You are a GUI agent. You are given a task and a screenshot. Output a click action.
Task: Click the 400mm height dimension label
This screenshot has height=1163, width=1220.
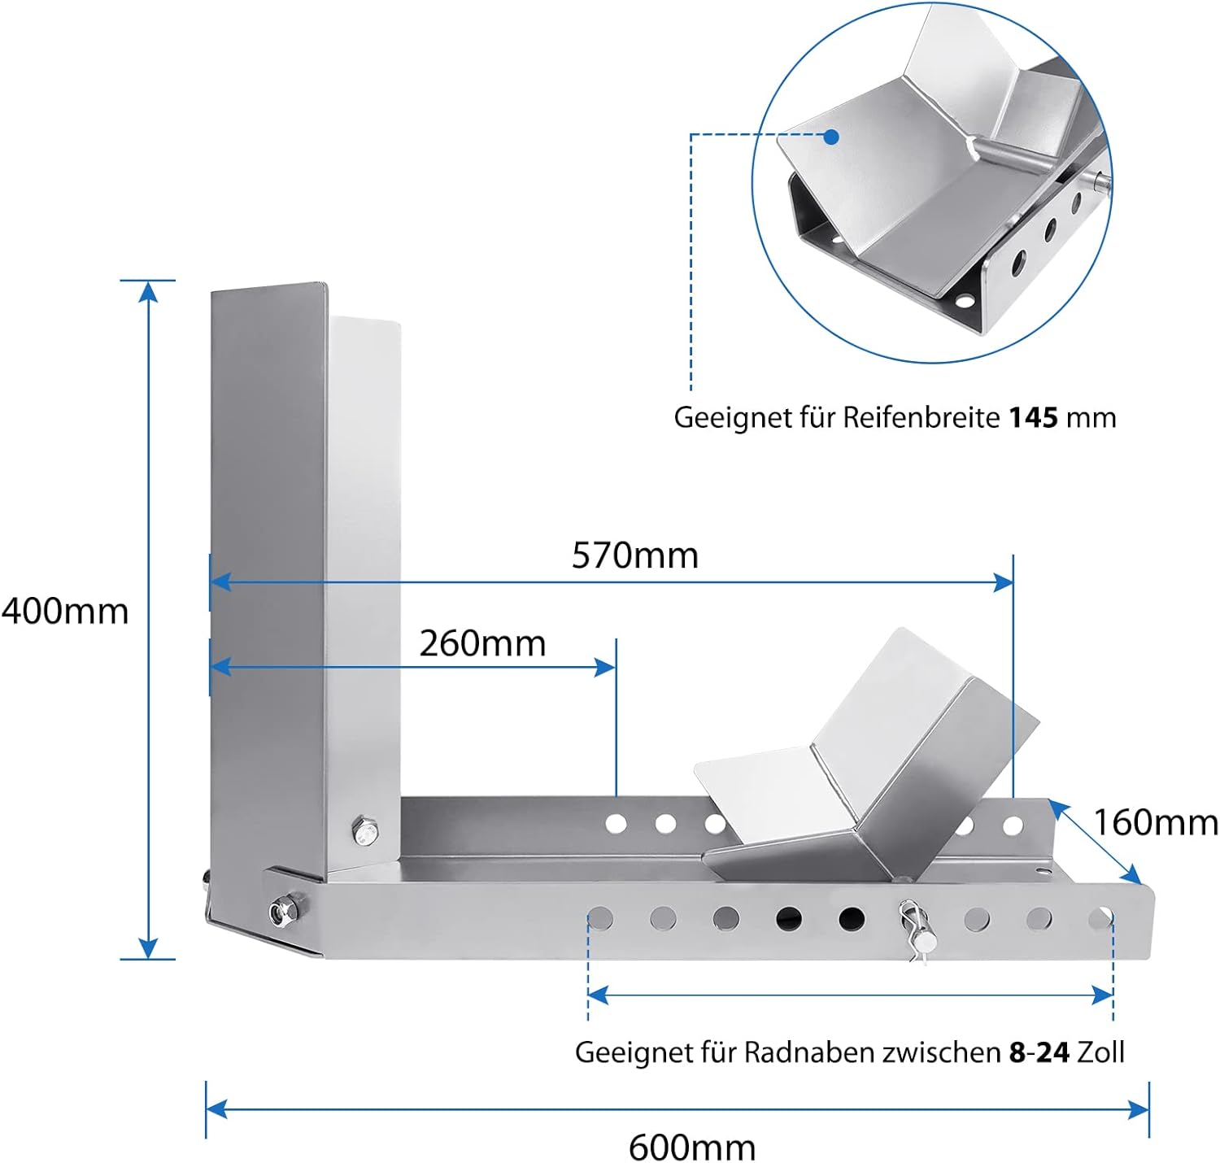point(64,612)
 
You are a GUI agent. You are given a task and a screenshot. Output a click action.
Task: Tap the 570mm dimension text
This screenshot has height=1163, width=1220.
point(635,555)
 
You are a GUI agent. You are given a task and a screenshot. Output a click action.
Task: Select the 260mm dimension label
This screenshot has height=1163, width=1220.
point(482,643)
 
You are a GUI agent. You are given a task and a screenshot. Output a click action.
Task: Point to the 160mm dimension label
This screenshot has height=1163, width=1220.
point(1156,824)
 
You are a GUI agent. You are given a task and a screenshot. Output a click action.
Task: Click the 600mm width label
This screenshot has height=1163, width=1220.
point(692,1148)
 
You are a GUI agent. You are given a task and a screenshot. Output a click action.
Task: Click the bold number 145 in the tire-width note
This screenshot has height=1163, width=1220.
point(1033,418)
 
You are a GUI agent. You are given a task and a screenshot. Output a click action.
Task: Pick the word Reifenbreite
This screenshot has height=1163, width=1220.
point(921,418)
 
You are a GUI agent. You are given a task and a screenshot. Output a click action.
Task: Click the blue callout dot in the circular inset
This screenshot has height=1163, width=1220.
point(831,137)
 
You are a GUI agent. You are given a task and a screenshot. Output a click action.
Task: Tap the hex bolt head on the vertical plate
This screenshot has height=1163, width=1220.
point(365,831)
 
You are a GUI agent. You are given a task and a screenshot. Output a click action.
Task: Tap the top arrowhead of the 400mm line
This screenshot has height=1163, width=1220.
point(148,291)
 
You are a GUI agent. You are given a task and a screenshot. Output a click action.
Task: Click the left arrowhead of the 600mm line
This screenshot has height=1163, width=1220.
point(216,1109)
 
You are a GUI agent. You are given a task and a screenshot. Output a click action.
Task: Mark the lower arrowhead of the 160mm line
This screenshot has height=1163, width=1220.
point(1132,874)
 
